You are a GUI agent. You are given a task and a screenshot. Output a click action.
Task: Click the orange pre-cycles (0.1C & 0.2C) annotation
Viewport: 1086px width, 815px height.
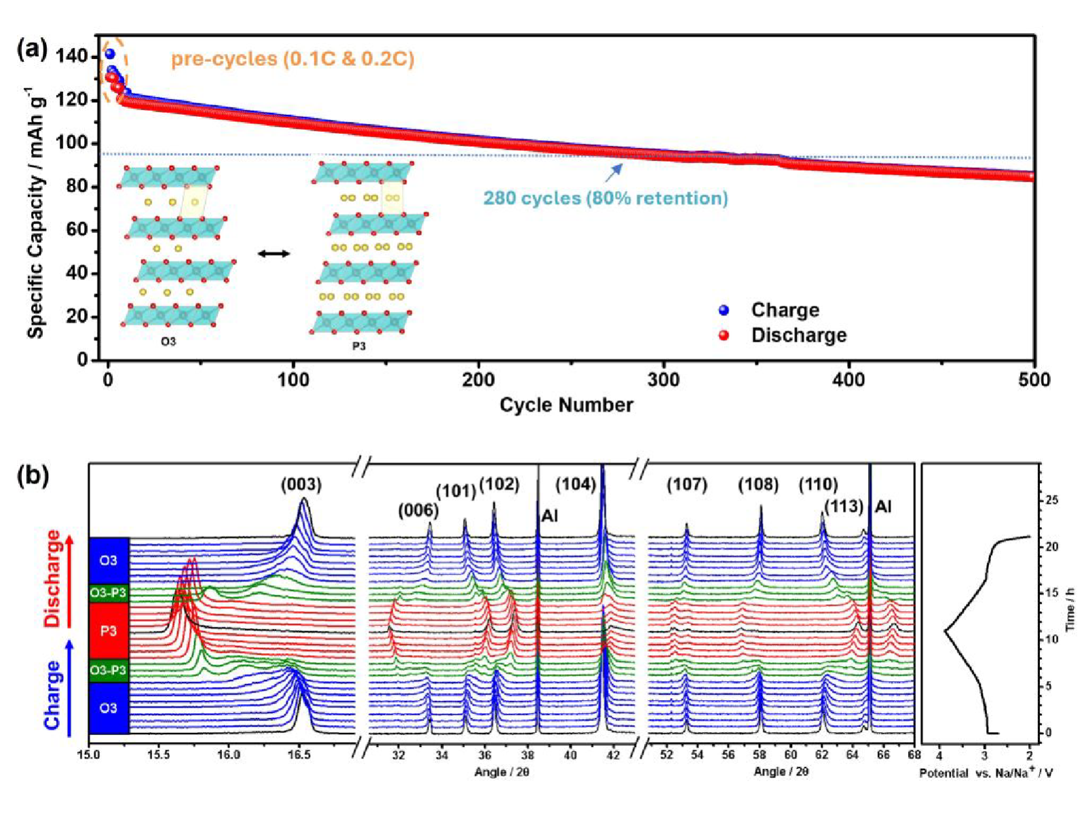click(x=293, y=59)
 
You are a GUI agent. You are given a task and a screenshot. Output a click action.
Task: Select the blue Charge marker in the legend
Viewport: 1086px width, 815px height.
click(x=724, y=310)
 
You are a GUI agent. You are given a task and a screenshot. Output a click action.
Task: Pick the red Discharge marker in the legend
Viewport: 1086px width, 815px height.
click(x=724, y=335)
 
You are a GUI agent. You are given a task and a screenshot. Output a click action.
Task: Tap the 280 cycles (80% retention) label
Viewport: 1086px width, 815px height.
click(x=605, y=198)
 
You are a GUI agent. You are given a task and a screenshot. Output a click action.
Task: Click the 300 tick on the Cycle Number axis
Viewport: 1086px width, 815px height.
click(x=663, y=380)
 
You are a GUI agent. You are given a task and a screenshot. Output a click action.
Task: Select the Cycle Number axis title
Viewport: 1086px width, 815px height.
click(x=566, y=405)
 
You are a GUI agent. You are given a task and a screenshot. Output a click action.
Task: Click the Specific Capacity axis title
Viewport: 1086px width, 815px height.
click(x=36, y=212)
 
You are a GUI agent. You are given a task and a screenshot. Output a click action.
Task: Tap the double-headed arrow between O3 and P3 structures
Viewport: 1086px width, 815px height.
click(x=274, y=254)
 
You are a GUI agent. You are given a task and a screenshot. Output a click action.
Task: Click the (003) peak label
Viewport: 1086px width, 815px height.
click(x=301, y=484)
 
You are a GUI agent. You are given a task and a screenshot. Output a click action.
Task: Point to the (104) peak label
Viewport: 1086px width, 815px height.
click(x=576, y=484)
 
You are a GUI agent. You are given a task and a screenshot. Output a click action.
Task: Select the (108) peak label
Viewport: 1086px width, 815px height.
click(x=758, y=484)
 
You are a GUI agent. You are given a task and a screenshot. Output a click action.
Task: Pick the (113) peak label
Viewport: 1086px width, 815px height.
click(x=844, y=506)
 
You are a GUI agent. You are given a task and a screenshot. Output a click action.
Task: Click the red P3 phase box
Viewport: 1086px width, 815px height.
click(x=109, y=631)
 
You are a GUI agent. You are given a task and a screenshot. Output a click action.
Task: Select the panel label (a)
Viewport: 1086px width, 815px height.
click(x=33, y=49)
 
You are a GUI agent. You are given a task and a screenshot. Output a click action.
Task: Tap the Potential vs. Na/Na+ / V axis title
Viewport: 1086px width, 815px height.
click(x=986, y=772)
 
